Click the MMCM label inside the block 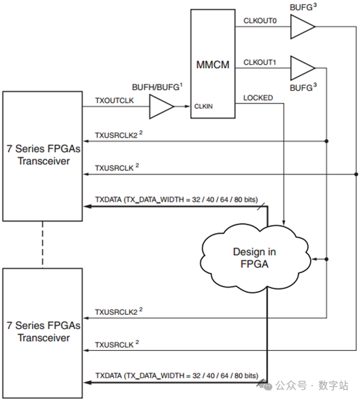(213, 65)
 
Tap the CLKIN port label (203, 106)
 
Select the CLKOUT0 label (260, 20)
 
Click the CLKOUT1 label (260, 62)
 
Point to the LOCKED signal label (258, 97)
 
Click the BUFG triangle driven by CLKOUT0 (303, 27)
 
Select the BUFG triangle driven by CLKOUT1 (303, 68)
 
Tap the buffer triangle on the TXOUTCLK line (162, 106)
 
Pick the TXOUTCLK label (114, 100)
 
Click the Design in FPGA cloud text (254, 258)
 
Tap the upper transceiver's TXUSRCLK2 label (119, 134)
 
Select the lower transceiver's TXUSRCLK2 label (119, 311)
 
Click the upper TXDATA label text (177, 200)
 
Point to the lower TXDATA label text (177, 375)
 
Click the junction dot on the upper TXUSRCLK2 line (327, 141)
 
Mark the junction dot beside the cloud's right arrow (327, 259)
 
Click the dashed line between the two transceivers (43, 245)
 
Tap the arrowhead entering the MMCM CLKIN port (187, 106)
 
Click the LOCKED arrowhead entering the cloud (284, 222)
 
